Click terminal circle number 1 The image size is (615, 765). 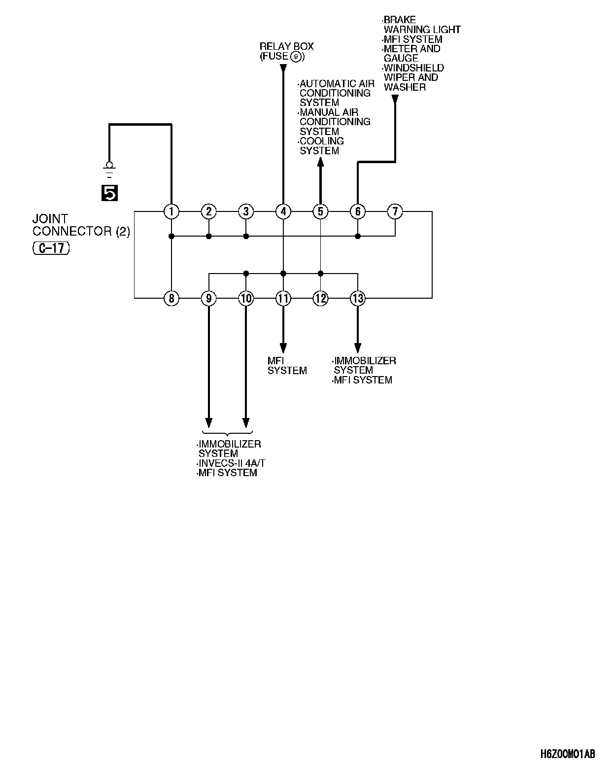coord(171,211)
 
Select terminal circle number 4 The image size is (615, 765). coord(283,211)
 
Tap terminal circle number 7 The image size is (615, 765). coord(395,211)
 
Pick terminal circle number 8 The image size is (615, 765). coord(171,298)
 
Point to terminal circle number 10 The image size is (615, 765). coord(246,298)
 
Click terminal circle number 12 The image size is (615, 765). coord(320,298)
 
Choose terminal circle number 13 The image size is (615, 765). coord(358,298)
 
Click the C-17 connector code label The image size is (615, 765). coord(51,248)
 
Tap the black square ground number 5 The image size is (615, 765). coord(109,193)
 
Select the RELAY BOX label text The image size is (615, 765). coord(286,46)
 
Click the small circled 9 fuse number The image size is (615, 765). coord(296,57)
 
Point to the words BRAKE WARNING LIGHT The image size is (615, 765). coord(421,25)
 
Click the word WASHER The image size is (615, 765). coord(405,87)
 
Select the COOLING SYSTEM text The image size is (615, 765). coord(321,146)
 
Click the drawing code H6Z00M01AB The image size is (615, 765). coord(567,754)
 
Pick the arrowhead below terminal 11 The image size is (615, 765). coord(283,347)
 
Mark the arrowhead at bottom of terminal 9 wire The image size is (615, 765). coord(208,423)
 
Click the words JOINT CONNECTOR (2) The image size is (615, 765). coord(81,225)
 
